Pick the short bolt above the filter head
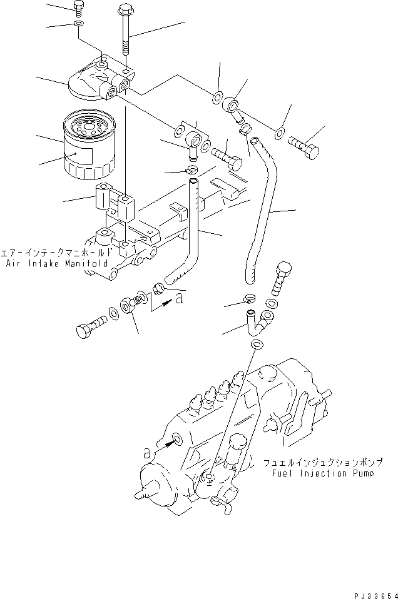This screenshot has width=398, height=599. click(x=78, y=8)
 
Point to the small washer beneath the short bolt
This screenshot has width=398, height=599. click(x=78, y=24)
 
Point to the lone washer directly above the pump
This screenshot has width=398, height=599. click(x=257, y=346)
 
